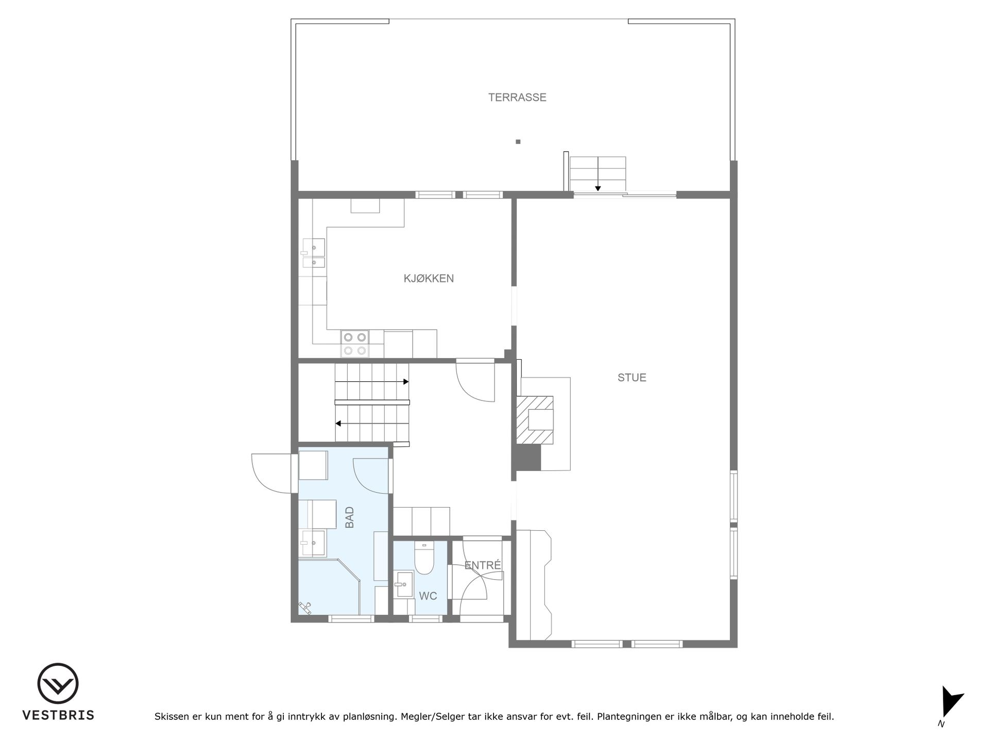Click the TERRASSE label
(x=517, y=97)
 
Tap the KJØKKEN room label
(x=429, y=279)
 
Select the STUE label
(x=632, y=378)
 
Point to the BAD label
(x=350, y=517)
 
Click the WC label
(x=428, y=596)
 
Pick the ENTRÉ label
(x=483, y=565)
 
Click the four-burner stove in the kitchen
(x=355, y=344)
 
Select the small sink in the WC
(x=404, y=584)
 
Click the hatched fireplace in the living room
(x=535, y=420)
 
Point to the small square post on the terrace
(x=518, y=142)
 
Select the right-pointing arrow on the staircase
(x=372, y=382)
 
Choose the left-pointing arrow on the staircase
(x=372, y=424)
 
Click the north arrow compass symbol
(x=951, y=702)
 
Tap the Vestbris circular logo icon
(x=58, y=684)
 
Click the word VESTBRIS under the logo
(x=58, y=715)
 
